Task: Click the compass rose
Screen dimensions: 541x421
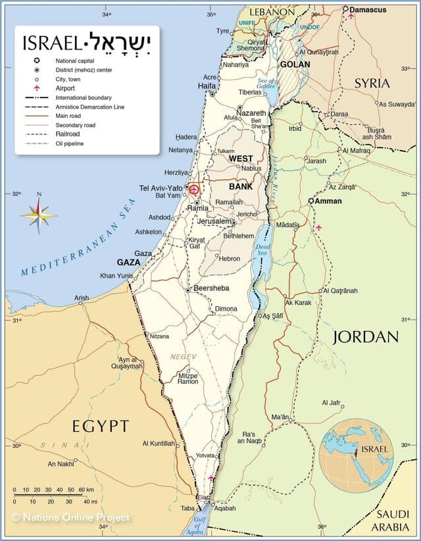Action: (x=38, y=215)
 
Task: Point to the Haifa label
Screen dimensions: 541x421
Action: (x=207, y=86)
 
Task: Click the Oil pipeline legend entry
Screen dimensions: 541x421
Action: (x=69, y=143)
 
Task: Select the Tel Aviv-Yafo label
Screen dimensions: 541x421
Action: (x=161, y=188)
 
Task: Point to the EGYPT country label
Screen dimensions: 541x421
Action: (x=101, y=425)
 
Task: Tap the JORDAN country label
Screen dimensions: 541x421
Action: (x=365, y=337)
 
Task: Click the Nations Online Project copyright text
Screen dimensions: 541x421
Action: (x=70, y=517)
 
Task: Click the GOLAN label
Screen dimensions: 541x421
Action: (x=295, y=64)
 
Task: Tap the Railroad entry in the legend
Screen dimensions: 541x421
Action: (x=69, y=134)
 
